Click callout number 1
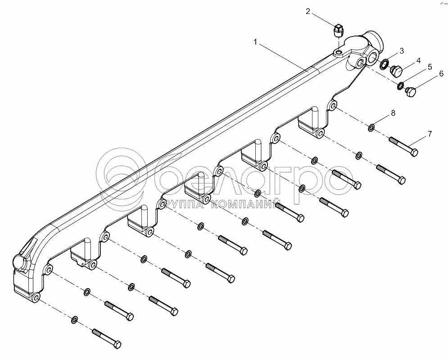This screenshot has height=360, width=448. click(x=255, y=42)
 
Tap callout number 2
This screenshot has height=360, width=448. click(x=308, y=12)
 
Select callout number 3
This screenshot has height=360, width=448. click(x=402, y=51)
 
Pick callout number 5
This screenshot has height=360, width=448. click(x=430, y=67)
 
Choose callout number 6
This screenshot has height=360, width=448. click(x=441, y=74)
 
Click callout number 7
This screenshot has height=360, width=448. click(x=430, y=134)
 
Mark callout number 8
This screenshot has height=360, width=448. click(x=393, y=113)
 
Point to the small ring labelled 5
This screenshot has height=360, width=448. click(x=400, y=85)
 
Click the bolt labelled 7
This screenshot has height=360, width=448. click(x=403, y=146)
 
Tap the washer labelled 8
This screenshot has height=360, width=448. click(x=371, y=128)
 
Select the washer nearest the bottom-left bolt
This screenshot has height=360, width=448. click(x=74, y=320)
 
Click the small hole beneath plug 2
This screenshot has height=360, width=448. click(x=339, y=53)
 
